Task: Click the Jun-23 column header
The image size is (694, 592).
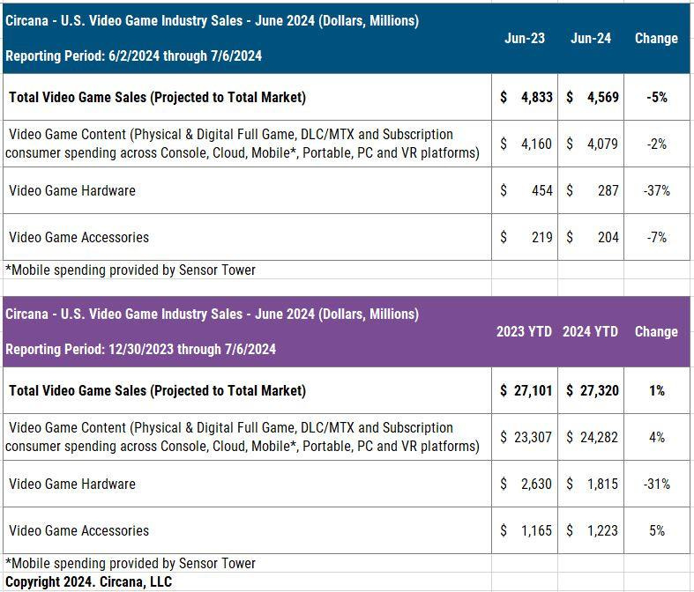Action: (525, 39)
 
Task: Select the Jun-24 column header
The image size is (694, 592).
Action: (591, 39)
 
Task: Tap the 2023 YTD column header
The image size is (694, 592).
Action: (524, 332)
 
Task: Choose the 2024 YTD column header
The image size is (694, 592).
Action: (590, 332)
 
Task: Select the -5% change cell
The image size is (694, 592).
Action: (656, 97)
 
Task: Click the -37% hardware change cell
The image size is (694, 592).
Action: (656, 190)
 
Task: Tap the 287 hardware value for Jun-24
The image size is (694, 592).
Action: (608, 190)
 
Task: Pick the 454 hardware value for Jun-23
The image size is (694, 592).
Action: (541, 190)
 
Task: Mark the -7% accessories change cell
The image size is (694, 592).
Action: (656, 237)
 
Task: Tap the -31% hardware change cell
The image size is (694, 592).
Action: (656, 484)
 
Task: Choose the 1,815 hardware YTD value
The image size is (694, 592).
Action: (604, 484)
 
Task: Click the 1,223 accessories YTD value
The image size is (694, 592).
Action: (604, 530)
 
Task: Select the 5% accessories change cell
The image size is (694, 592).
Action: (656, 530)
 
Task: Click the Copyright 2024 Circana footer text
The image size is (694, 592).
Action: (88, 581)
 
